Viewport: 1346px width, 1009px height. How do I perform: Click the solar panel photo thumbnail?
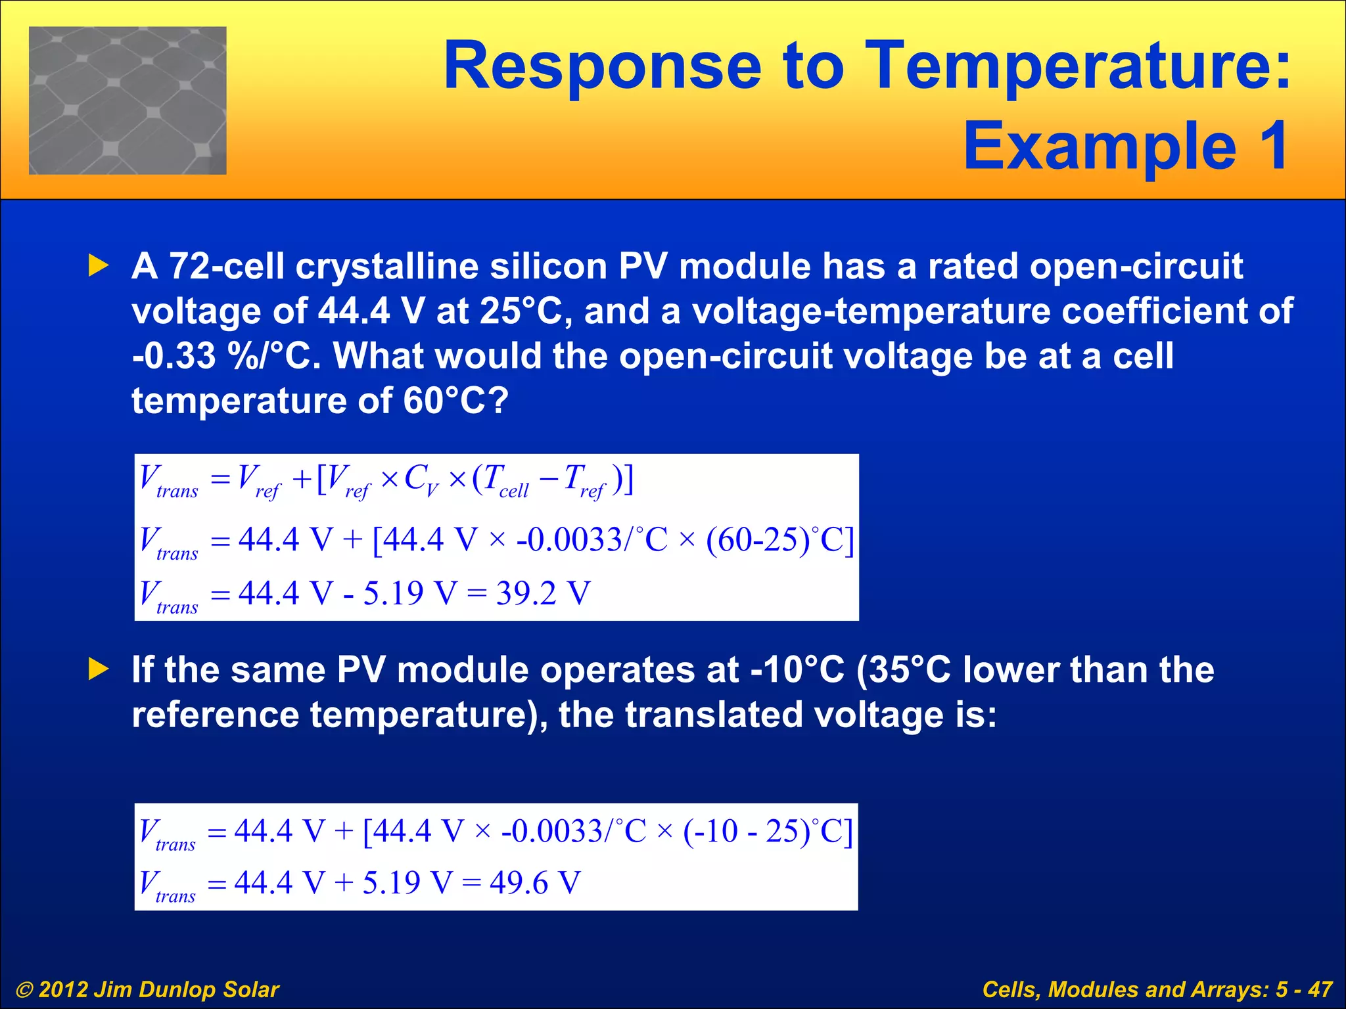(128, 101)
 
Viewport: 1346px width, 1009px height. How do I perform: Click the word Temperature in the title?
(1078, 66)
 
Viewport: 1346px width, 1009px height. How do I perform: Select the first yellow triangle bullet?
(99, 266)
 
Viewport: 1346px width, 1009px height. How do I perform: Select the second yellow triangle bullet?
(99, 669)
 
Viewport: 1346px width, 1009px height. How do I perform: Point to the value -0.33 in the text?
(174, 356)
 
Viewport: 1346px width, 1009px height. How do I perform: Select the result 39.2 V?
(543, 593)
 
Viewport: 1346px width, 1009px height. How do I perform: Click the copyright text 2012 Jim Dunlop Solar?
(158, 989)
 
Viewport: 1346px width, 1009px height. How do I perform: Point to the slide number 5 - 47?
(1304, 989)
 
